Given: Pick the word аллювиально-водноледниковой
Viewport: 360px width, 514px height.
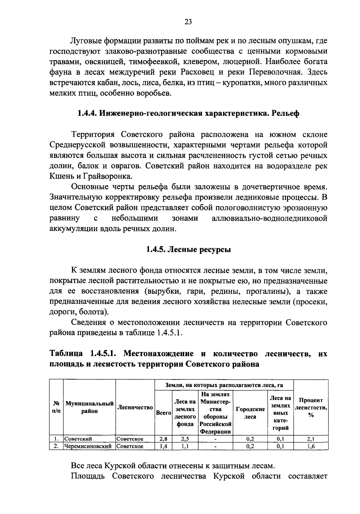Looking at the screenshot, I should click(269, 218).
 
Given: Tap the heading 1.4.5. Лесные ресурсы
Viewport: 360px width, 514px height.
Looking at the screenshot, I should click(188, 249).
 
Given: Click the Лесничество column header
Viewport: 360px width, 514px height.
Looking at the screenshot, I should click(135, 407).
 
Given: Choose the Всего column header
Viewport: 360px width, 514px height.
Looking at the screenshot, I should click(163, 413).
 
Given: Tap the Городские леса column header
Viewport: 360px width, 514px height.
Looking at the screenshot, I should click(250, 413).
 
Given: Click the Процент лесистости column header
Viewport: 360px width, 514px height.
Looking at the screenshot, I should click(310, 407).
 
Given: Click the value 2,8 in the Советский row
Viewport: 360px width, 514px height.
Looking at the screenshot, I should click(163, 439).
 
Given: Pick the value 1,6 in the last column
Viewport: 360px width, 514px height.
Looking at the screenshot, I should click(310, 446).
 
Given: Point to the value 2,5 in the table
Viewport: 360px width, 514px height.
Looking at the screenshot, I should click(185, 439).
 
